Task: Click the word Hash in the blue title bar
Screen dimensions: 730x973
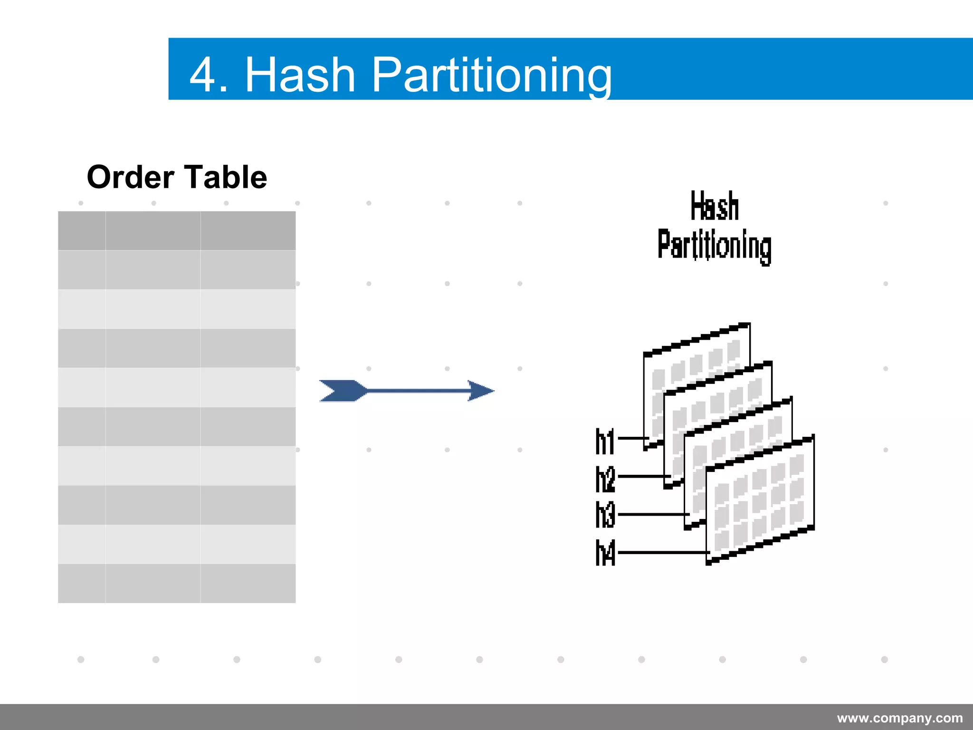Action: point(300,75)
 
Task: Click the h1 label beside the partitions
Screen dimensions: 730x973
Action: point(605,442)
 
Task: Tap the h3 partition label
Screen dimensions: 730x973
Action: point(605,515)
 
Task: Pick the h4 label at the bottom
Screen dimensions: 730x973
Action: point(605,553)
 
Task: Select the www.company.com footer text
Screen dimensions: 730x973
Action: point(900,718)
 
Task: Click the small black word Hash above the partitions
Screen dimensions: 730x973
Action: point(715,206)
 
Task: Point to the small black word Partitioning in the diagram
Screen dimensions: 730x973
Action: point(715,245)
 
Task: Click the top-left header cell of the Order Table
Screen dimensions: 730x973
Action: point(82,231)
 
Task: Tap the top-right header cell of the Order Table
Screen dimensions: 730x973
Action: point(248,231)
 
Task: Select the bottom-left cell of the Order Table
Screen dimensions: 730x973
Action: point(82,583)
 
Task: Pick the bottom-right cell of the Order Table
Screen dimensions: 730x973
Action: point(248,583)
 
